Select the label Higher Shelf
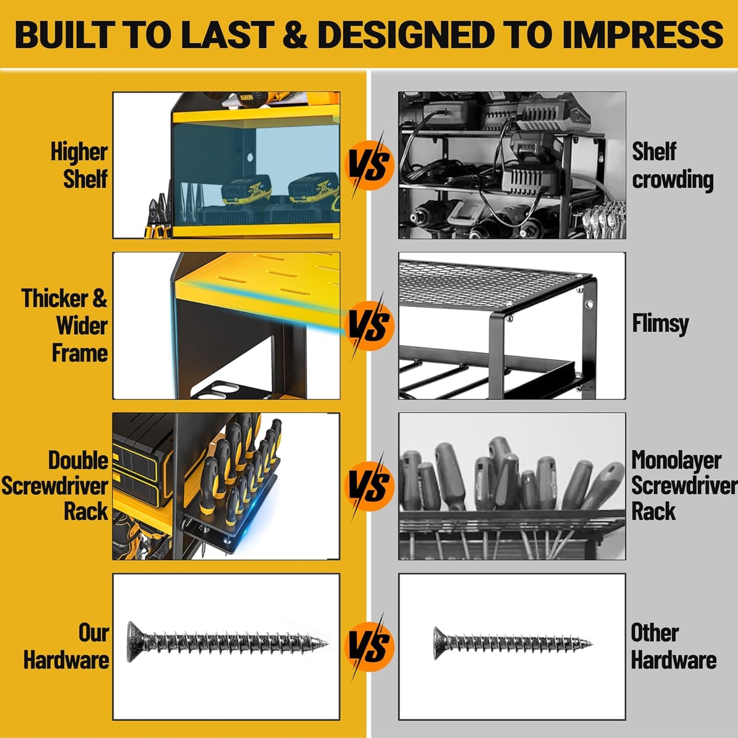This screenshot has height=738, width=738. tap(79, 165)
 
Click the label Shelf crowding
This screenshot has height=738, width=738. tap(673, 165)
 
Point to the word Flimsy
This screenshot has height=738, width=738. tap(660, 324)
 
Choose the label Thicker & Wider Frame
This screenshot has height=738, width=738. tap(64, 325)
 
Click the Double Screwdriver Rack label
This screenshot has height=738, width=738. tap(55, 486)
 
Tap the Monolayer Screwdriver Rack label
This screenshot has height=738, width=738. tap(684, 486)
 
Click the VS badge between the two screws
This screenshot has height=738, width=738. tap(369, 647)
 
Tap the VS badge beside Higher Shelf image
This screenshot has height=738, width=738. tap(369, 165)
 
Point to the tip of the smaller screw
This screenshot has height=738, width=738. tap(592, 644)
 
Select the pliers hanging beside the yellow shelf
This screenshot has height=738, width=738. tap(158, 215)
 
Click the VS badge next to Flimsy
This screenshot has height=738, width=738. tap(369, 325)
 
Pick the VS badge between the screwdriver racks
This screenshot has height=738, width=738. tap(369, 486)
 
